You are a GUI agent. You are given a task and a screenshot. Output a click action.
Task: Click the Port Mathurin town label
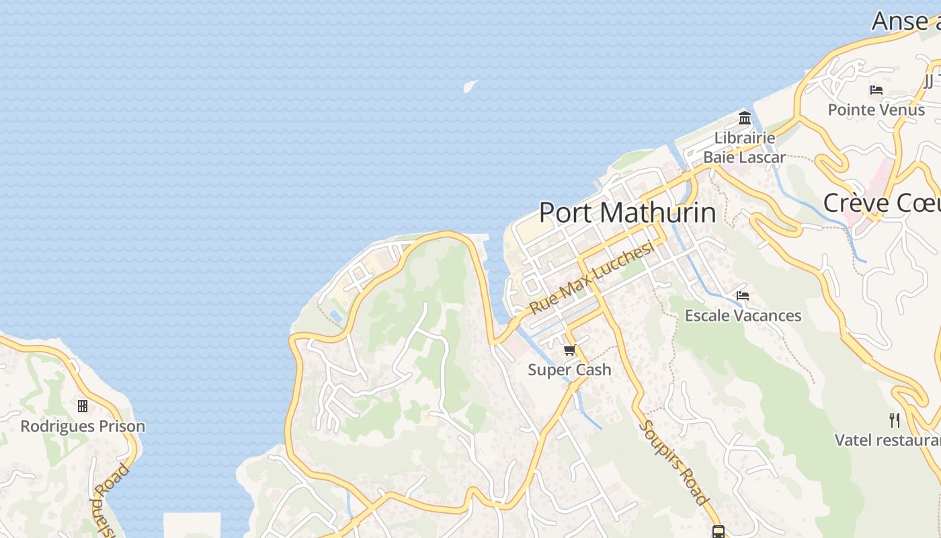627,213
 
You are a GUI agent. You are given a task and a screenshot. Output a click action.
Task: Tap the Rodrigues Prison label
83,426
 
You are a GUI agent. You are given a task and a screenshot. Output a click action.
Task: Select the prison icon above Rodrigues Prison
83,406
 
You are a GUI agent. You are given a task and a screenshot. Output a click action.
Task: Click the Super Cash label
569,369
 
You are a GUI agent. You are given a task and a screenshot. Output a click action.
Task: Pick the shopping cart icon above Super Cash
570,350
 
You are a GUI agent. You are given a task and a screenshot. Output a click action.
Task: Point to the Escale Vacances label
743,315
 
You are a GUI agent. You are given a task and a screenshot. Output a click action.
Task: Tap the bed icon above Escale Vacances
742,295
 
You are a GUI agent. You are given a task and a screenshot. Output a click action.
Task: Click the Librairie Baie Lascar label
744,147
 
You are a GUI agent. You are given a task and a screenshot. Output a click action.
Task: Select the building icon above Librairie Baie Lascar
744,118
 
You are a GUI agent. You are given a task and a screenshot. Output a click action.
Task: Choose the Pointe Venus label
876,110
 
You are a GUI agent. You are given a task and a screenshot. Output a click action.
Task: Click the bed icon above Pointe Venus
876,89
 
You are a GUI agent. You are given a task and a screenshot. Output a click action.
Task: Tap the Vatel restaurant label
887,440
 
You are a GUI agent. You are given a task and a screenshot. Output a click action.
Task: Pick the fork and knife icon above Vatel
894,420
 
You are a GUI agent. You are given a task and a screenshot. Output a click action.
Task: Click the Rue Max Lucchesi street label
591,278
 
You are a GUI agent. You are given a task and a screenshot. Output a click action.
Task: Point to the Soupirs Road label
673,462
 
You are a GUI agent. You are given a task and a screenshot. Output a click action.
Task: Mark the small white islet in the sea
470,85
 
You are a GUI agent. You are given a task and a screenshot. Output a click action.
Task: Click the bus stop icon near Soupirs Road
718,532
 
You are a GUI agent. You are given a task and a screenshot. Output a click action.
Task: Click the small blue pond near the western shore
335,315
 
